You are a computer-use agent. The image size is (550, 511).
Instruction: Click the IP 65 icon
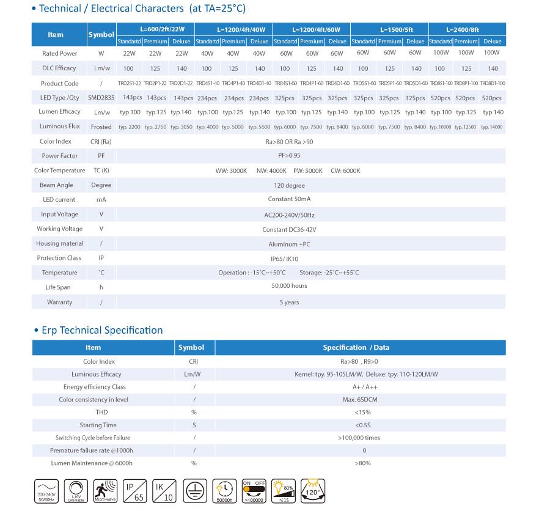(x=135, y=490)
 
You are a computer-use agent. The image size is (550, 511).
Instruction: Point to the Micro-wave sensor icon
(x=105, y=490)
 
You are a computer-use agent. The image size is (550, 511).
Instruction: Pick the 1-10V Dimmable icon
(x=76, y=490)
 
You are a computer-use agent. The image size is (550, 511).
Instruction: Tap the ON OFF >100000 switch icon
(x=255, y=490)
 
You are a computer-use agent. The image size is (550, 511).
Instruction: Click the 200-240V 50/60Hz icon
(x=46, y=490)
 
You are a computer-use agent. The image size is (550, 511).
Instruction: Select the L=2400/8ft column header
(x=467, y=29)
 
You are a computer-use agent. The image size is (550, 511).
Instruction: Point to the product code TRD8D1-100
(x=493, y=83)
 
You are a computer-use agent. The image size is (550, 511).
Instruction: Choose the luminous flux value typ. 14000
(x=492, y=127)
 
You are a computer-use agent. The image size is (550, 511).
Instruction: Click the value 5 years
(x=289, y=302)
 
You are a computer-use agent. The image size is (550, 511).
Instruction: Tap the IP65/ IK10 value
(x=284, y=259)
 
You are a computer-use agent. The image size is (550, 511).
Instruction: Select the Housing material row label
(x=59, y=243)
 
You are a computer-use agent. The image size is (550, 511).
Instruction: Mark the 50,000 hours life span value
(x=290, y=285)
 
